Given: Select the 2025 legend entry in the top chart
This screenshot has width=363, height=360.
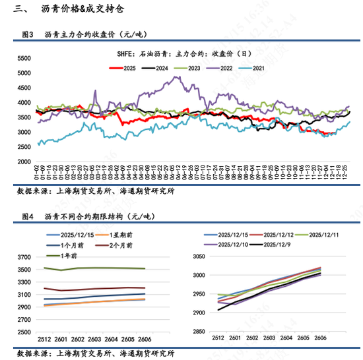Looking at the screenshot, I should [x=125, y=67].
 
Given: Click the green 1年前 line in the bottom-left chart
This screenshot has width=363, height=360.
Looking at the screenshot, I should [x=99, y=268].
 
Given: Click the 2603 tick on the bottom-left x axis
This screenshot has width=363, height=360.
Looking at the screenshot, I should [x=98, y=338].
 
